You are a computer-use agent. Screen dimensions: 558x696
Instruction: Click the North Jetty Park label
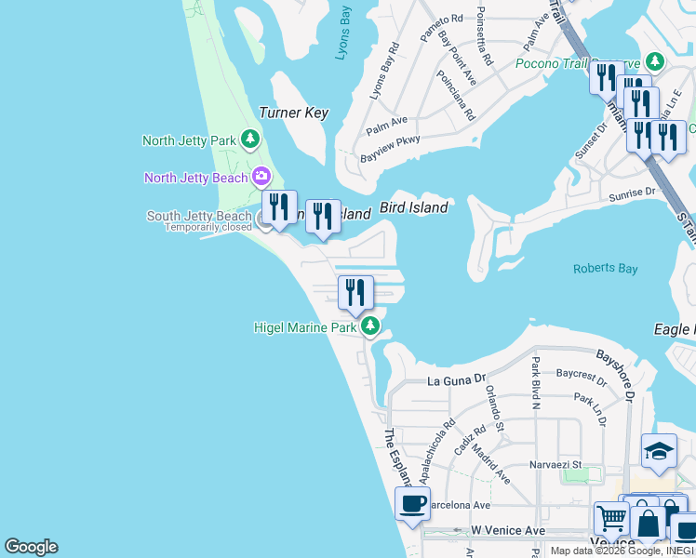tap(190, 140)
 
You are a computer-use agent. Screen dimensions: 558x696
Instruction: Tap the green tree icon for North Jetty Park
tap(249, 139)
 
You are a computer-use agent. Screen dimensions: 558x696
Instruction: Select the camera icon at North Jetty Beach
tap(261, 176)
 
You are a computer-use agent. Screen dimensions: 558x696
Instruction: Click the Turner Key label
tap(293, 113)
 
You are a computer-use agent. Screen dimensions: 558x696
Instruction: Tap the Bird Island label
tap(413, 207)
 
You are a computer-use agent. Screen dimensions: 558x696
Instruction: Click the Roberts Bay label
tap(605, 269)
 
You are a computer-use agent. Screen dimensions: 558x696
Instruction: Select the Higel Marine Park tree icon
tap(370, 326)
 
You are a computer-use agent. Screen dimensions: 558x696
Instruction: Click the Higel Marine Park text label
tap(306, 327)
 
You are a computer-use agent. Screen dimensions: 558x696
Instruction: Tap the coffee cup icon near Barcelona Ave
tap(412, 503)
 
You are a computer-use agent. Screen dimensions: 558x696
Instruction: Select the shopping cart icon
tap(611, 518)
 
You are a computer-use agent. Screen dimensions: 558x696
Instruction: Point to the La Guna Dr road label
tap(457, 380)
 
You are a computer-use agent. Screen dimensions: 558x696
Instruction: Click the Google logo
tap(31, 547)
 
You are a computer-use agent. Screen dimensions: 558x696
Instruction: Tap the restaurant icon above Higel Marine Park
tap(355, 292)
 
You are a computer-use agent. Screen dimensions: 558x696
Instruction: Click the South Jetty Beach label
tap(199, 216)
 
